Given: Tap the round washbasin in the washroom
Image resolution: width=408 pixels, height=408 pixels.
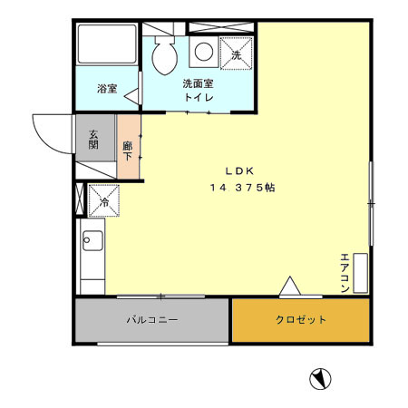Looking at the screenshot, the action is click(x=204, y=52).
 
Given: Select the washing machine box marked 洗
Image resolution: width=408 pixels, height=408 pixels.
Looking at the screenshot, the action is click(x=237, y=53).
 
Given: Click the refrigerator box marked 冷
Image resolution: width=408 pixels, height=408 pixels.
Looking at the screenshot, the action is click(x=103, y=200).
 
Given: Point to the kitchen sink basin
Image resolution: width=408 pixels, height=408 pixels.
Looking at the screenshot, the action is click(x=92, y=240).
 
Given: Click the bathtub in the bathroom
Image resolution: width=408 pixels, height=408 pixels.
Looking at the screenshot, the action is click(x=107, y=44).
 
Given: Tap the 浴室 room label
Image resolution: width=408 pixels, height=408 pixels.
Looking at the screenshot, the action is click(x=107, y=89).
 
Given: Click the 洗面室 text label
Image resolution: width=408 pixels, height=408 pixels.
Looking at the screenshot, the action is click(x=199, y=83).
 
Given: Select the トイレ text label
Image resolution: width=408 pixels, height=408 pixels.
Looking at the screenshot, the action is click(x=199, y=97).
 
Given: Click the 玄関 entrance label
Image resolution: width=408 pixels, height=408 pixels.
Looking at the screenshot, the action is click(x=93, y=140).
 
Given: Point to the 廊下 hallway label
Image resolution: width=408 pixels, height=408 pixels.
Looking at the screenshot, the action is click(x=128, y=151).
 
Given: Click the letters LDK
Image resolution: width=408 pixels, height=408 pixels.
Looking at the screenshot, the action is click(x=239, y=171).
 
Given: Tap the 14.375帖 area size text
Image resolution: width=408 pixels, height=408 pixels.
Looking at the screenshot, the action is click(x=242, y=188).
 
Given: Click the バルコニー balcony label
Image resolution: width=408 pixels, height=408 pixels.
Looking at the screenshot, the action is click(x=152, y=319).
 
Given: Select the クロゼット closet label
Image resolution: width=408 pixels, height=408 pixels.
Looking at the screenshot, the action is click(x=301, y=319).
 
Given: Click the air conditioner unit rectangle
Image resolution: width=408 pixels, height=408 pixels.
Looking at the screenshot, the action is click(x=361, y=273).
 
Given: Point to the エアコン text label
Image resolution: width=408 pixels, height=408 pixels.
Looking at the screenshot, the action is click(x=345, y=273).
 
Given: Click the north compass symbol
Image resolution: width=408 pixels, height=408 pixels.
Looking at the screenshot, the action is click(x=320, y=379).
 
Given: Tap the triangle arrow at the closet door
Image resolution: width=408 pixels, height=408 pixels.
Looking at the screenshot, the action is click(x=290, y=286).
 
